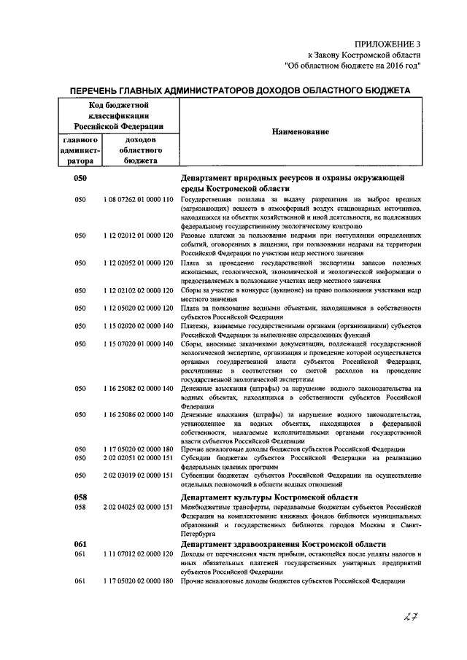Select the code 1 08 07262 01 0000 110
click(x=138, y=198)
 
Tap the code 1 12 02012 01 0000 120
click(x=138, y=236)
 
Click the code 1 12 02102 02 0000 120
click(x=138, y=290)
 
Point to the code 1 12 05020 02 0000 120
click(x=138, y=308)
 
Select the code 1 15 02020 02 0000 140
click(x=138, y=327)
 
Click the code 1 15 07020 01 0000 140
click(x=138, y=345)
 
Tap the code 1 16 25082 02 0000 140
click(x=138, y=390)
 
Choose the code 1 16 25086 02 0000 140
click(x=138, y=415)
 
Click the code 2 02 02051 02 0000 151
click(x=138, y=458)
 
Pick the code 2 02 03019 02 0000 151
click(x=138, y=476)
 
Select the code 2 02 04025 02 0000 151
click(x=138, y=506)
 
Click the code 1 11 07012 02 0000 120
click(x=138, y=554)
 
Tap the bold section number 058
click(x=81, y=496)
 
